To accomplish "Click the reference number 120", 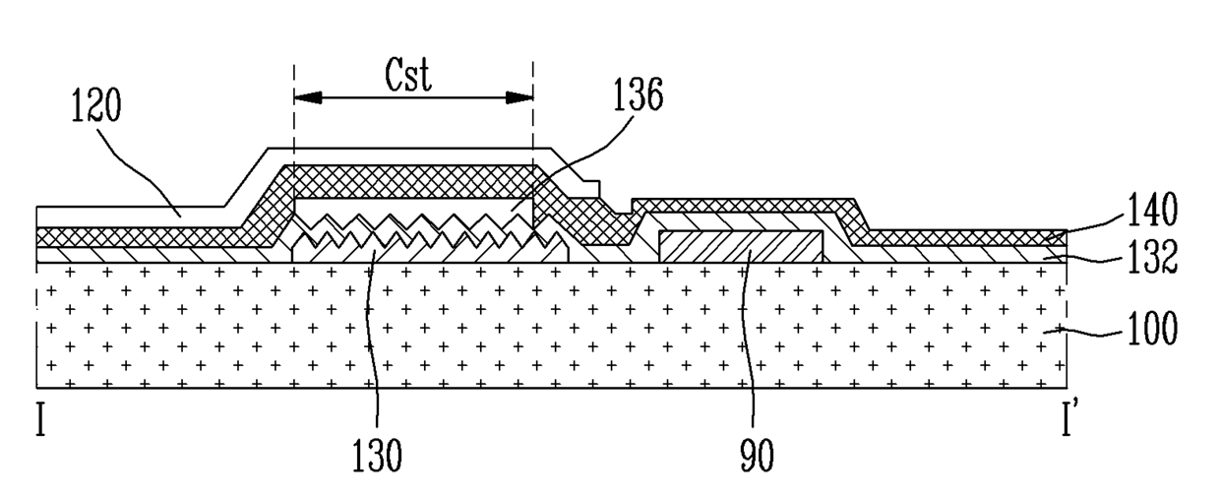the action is click(x=96, y=105).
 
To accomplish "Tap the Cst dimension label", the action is click(x=408, y=75).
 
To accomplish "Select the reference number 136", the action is click(x=639, y=94).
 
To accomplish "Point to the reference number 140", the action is click(x=1152, y=209).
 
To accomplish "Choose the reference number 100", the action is click(x=1152, y=328).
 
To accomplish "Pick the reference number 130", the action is click(x=377, y=455).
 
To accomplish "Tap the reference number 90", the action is click(x=757, y=455).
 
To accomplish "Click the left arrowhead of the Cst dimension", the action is click(x=308, y=98).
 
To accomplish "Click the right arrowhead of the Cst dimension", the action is click(x=519, y=98).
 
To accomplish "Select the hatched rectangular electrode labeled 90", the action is click(x=741, y=247).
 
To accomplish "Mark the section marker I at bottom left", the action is click(x=40, y=418).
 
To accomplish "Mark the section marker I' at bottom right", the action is click(x=1069, y=418).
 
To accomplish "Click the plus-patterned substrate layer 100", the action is click(x=551, y=326).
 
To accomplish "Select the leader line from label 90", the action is click(x=752, y=338).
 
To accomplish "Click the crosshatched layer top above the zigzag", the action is click(x=414, y=181).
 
